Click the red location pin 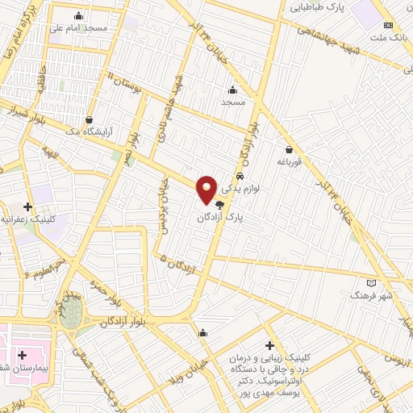(x=207, y=189)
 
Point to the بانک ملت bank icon (x=390, y=25)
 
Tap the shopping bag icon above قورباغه (x=289, y=148)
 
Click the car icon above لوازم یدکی (x=240, y=176)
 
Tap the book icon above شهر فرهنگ (x=371, y=283)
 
